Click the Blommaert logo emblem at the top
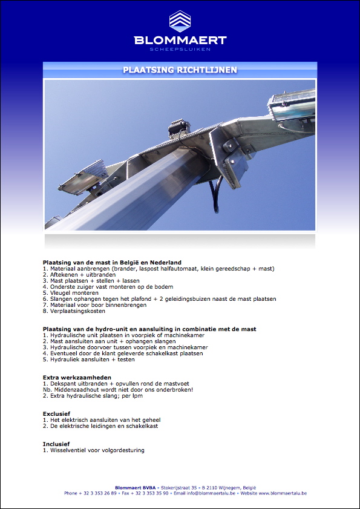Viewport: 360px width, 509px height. pos(180,21)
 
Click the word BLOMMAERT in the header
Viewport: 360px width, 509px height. pos(180,41)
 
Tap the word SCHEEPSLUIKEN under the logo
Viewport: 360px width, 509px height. pos(180,48)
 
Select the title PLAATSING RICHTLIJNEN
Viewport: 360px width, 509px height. pos(180,70)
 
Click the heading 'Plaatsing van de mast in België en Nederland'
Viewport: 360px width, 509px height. pos(112,263)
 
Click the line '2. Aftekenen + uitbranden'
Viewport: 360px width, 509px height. pos(79,274)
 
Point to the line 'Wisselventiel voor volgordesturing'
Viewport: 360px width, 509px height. pos(97,450)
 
